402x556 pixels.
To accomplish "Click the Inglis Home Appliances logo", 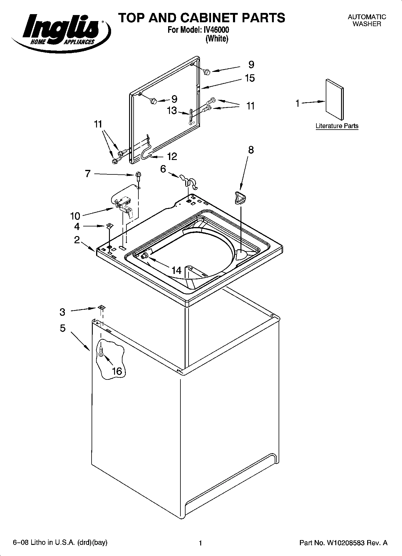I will pyautogui.click(x=60, y=30).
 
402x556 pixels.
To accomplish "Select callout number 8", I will pyautogui.click(x=251, y=150).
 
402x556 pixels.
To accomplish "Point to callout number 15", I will pyautogui.click(x=250, y=78).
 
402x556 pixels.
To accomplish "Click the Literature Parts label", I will pyautogui.click(x=337, y=126).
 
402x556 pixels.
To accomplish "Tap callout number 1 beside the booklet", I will pyautogui.click(x=297, y=104).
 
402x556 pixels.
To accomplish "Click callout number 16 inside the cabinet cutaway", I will pyautogui.click(x=117, y=371).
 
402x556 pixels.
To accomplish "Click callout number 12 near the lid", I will pyautogui.click(x=172, y=156).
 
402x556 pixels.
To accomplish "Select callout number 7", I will pyautogui.click(x=88, y=174).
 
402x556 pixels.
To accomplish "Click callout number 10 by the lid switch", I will pyautogui.click(x=75, y=216).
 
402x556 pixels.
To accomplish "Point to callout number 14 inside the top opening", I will pyautogui.click(x=177, y=271).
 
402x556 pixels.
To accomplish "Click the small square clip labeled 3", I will pyautogui.click(x=101, y=307).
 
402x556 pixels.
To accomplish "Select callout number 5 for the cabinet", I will pyautogui.click(x=62, y=328).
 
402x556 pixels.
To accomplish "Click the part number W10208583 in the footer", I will pyautogui.click(x=343, y=543).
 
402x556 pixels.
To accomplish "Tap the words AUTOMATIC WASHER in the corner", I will pyautogui.click(x=367, y=20).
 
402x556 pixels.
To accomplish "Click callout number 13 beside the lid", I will pyautogui.click(x=172, y=111).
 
